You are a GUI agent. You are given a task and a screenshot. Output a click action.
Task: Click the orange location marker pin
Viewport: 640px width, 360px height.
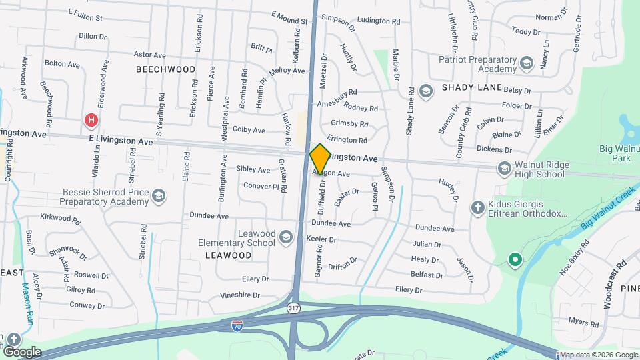(320, 159)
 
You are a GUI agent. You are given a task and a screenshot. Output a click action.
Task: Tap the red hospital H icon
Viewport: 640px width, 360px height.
(91, 120)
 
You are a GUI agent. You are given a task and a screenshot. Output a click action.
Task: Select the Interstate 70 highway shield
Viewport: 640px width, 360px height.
(237, 325)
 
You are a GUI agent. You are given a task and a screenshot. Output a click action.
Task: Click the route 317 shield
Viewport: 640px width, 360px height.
(293, 308)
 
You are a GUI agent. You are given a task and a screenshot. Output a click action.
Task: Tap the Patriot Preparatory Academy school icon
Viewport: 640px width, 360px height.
(526, 63)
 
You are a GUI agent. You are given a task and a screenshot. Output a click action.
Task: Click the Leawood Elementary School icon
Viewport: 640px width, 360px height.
(285, 237)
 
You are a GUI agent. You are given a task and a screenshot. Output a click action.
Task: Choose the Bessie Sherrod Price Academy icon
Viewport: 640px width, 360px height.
(158, 196)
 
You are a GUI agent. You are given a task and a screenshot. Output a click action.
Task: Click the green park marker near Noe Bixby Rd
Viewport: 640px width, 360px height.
(514, 259)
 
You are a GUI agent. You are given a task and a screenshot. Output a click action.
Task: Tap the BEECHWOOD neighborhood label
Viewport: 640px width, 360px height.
(166, 69)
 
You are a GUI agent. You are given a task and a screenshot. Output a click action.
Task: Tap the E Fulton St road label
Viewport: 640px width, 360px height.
(95, 13)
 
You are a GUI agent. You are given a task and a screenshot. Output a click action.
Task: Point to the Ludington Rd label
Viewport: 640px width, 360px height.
(378, 21)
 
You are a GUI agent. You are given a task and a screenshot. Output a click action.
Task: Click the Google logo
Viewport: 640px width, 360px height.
(22, 351)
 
